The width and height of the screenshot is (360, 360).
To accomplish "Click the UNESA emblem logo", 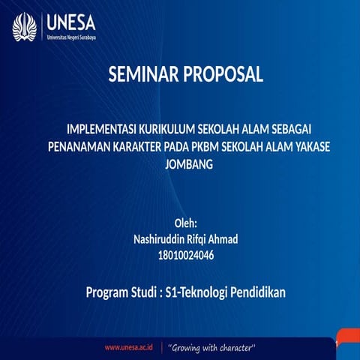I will tap(25, 27).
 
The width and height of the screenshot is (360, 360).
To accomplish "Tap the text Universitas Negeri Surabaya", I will tap(70, 36).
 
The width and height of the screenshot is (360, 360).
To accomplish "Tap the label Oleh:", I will tap(185, 223).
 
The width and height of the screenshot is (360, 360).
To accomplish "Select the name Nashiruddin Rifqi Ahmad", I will tap(185, 239).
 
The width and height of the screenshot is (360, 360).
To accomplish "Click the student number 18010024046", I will tap(186, 256).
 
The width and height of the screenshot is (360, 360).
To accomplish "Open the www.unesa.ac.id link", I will tap(128, 348).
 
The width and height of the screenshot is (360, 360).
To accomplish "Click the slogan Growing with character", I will tap(213, 348).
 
